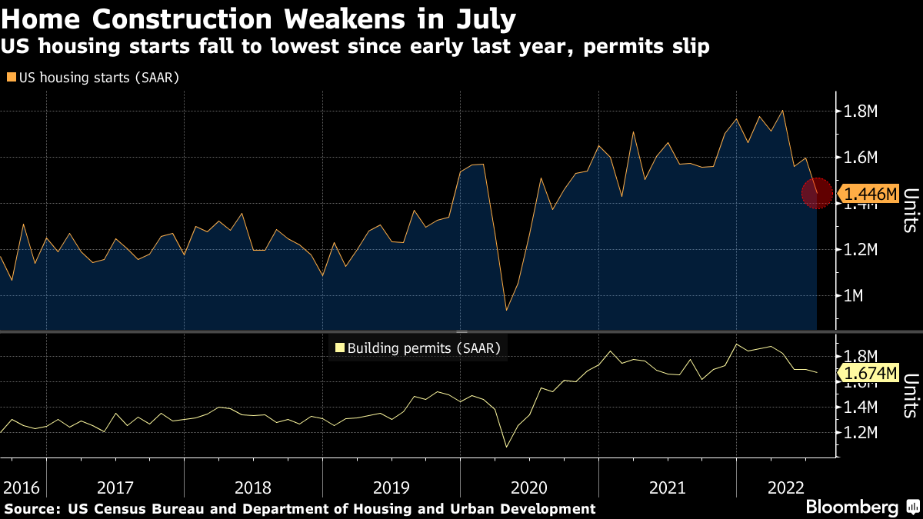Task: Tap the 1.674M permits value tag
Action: [x=871, y=374]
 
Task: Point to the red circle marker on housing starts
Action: [x=817, y=193]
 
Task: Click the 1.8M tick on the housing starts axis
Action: [x=861, y=112]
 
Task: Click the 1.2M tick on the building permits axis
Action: [x=861, y=433]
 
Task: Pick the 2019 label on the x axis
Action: [x=391, y=487]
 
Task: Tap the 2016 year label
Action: [x=22, y=487]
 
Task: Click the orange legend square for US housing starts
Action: [x=11, y=78]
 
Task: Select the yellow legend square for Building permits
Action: [x=339, y=348]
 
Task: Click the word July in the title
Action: [x=483, y=16]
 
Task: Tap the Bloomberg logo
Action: [x=851, y=507]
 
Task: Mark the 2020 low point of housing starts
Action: [x=506, y=310]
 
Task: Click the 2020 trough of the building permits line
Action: [x=506, y=447]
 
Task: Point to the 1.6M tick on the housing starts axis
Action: [x=861, y=158]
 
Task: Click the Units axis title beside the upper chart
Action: [x=910, y=210]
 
